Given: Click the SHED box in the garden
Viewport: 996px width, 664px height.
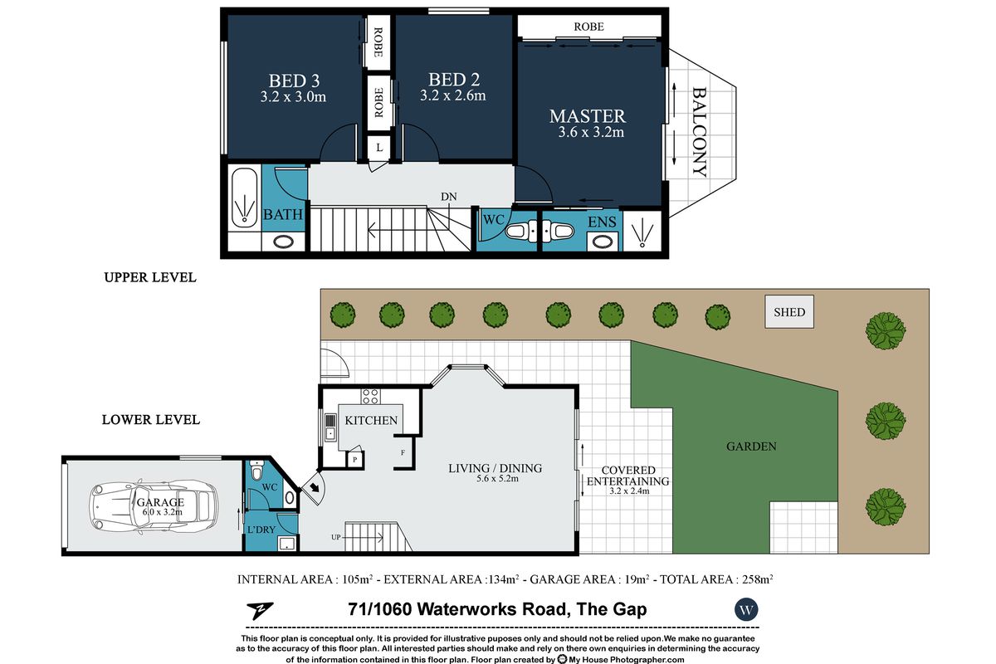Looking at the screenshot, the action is pyautogui.click(x=789, y=312).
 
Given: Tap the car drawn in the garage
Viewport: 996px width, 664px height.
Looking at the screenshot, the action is pyautogui.click(x=154, y=506).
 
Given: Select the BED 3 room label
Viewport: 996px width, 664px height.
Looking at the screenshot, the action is pyautogui.click(x=294, y=81).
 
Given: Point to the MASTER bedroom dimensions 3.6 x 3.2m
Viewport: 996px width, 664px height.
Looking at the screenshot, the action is pyautogui.click(x=591, y=132).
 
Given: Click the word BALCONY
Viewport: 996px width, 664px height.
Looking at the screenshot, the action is pyautogui.click(x=700, y=132).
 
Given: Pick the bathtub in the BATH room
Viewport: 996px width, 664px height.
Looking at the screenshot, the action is pyautogui.click(x=245, y=198).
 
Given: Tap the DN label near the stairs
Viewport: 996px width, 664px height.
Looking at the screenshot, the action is pyautogui.click(x=449, y=197).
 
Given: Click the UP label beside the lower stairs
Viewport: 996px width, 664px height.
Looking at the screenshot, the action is pyautogui.click(x=335, y=537).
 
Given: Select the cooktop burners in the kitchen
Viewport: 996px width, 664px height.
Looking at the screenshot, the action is pyautogui.click(x=370, y=396).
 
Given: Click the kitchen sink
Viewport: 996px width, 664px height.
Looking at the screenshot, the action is pyautogui.click(x=330, y=427).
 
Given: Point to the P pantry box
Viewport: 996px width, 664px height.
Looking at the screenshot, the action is pyautogui.click(x=355, y=460).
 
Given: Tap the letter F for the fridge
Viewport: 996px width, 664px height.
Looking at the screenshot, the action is pyautogui.click(x=403, y=452).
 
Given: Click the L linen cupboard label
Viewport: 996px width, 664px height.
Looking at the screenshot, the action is pyautogui.click(x=379, y=147).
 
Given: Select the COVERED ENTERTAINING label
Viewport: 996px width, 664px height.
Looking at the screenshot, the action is pyautogui.click(x=627, y=476).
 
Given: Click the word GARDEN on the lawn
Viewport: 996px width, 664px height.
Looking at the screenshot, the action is pyautogui.click(x=751, y=446).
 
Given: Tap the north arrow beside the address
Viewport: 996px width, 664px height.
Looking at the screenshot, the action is pyautogui.click(x=261, y=610).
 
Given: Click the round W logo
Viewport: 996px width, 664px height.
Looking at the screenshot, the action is pyautogui.click(x=746, y=610).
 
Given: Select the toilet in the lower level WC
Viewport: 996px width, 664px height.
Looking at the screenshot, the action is pyautogui.click(x=256, y=470).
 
